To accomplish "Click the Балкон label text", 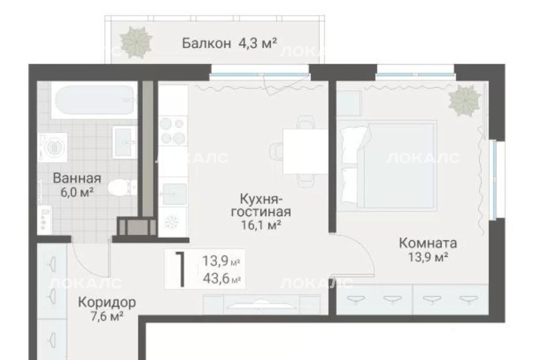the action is tap(207, 44).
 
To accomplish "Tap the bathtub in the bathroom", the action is tap(95, 100).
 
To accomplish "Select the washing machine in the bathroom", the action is tap(52, 148).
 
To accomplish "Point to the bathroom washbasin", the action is tap(125, 142).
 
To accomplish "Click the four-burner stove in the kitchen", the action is tap(173, 131).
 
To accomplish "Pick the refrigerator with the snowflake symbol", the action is tap(173, 222).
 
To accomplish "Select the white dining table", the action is tap(306, 152).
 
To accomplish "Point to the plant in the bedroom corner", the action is tap(464, 100).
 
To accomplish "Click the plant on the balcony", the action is tap(136, 42).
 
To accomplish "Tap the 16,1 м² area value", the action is tap(261, 225).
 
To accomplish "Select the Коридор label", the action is tap(107, 302).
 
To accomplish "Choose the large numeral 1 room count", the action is tap(181, 269).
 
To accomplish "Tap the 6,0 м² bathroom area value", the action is tap(77, 192).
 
